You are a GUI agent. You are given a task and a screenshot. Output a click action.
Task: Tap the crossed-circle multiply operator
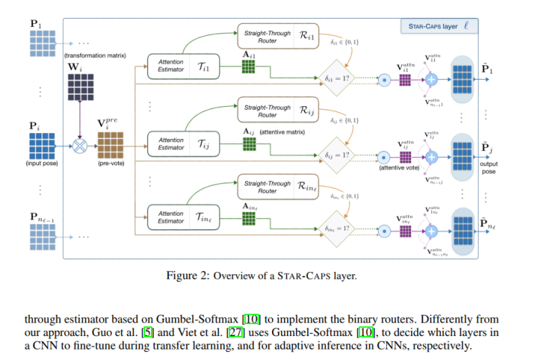coord(80,141)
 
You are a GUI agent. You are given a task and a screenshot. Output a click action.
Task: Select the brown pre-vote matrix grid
coord(110,141)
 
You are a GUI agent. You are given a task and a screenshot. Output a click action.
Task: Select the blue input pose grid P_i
coord(41,141)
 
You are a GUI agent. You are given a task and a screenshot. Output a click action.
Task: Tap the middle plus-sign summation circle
coord(432,156)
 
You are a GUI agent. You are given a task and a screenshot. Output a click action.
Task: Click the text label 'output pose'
coord(489,168)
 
